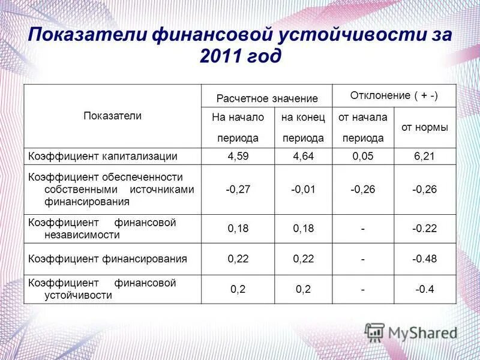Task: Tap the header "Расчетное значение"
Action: (x=267, y=98)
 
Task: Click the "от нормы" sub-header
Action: (x=424, y=127)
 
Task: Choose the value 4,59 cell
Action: (x=238, y=157)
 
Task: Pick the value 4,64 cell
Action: (x=304, y=157)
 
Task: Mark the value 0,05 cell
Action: (x=363, y=157)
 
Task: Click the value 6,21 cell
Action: (x=424, y=157)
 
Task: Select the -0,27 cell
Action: (x=238, y=190)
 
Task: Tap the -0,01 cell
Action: (x=304, y=190)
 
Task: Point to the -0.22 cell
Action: (x=424, y=229)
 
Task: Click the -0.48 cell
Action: (x=424, y=259)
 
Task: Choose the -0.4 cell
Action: (x=424, y=289)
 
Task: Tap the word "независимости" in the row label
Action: (x=82, y=235)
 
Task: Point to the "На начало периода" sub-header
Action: (x=238, y=127)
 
